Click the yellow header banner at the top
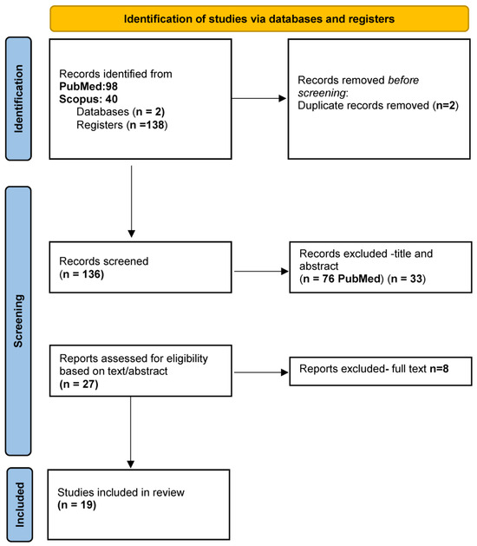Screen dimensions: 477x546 pyautogui.click(x=259, y=18)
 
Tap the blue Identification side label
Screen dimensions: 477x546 pyautogui.click(x=18, y=99)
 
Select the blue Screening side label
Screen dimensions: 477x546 pyautogui.click(x=18, y=320)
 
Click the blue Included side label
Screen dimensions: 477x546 pyautogui.click(x=19, y=504)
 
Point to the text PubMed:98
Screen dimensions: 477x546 pyautogui.click(x=88, y=86)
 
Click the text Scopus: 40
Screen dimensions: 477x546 pyautogui.click(x=88, y=99)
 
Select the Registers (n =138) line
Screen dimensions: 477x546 pyautogui.click(x=122, y=125)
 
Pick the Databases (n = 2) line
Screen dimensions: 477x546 pyautogui.click(x=121, y=112)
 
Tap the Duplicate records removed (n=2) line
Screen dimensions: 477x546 pyautogui.click(x=378, y=106)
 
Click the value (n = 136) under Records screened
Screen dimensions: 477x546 pyautogui.click(x=82, y=274)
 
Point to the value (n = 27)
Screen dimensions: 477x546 pyautogui.click(x=79, y=384)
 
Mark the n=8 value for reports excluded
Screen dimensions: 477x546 pyautogui.click(x=439, y=368)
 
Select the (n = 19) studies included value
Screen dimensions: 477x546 pyautogui.click(x=77, y=505)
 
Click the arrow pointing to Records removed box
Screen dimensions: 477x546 pyautogui.click(x=258, y=99)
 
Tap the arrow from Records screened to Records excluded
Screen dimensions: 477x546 pyautogui.click(x=261, y=271)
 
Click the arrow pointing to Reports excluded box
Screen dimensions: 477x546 pyautogui.click(x=261, y=372)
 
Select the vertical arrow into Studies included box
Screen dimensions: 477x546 pyautogui.click(x=130, y=432)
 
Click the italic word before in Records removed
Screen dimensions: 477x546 pyautogui.click(x=403, y=80)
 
